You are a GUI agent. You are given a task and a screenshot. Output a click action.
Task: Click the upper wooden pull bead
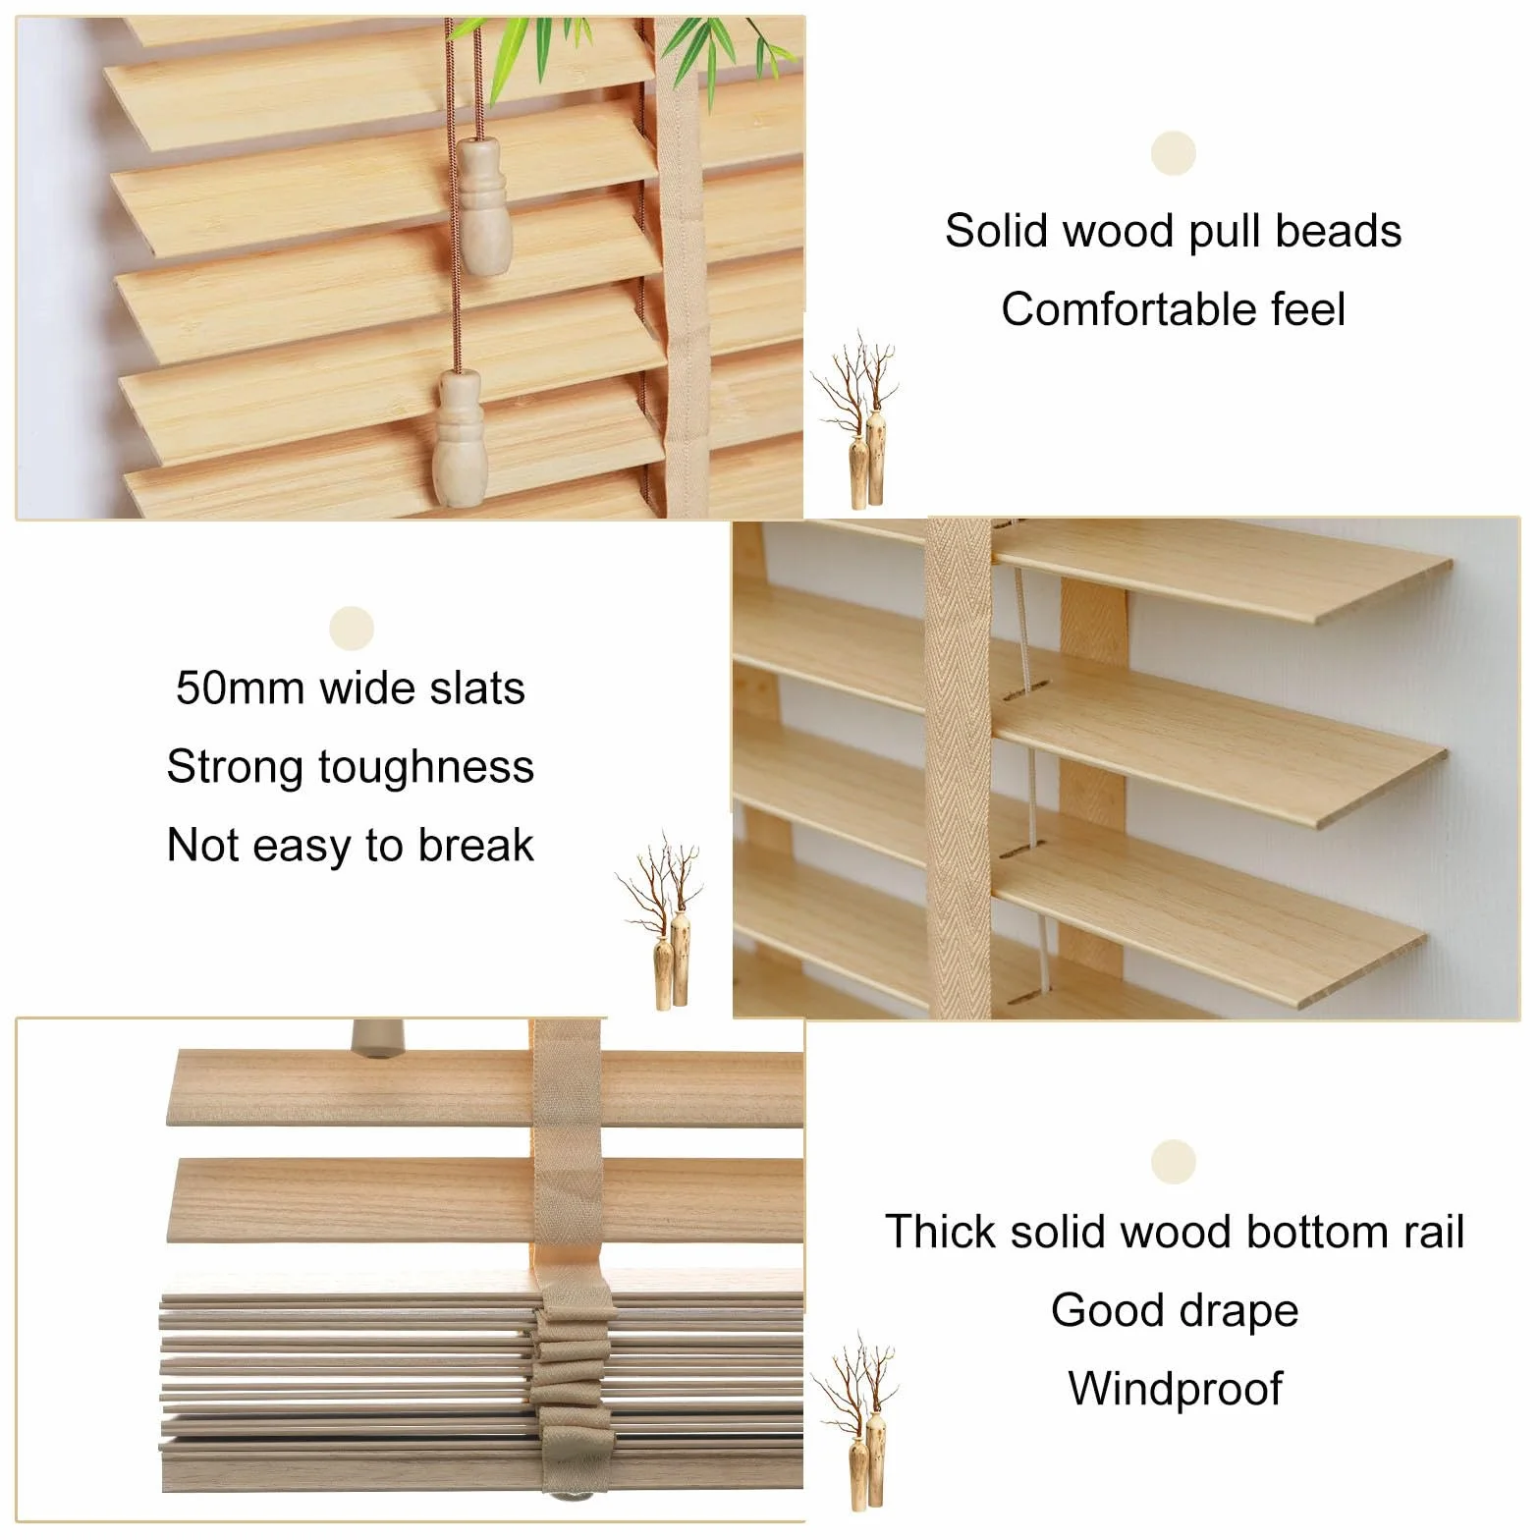(x=480, y=206)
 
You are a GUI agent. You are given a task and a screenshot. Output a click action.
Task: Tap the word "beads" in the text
(x=1338, y=231)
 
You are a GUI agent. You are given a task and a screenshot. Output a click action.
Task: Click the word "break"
(x=475, y=845)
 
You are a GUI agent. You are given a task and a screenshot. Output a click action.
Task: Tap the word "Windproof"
(x=1175, y=1389)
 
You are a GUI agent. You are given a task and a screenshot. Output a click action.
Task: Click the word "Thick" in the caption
(x=940, y=1232)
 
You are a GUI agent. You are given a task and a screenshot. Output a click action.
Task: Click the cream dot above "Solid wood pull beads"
(x=1173, y=154)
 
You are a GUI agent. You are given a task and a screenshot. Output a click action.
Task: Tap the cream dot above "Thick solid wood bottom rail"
(x=1174, y=1162)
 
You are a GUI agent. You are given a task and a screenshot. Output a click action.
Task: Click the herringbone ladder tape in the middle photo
(x=959, y=766)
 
